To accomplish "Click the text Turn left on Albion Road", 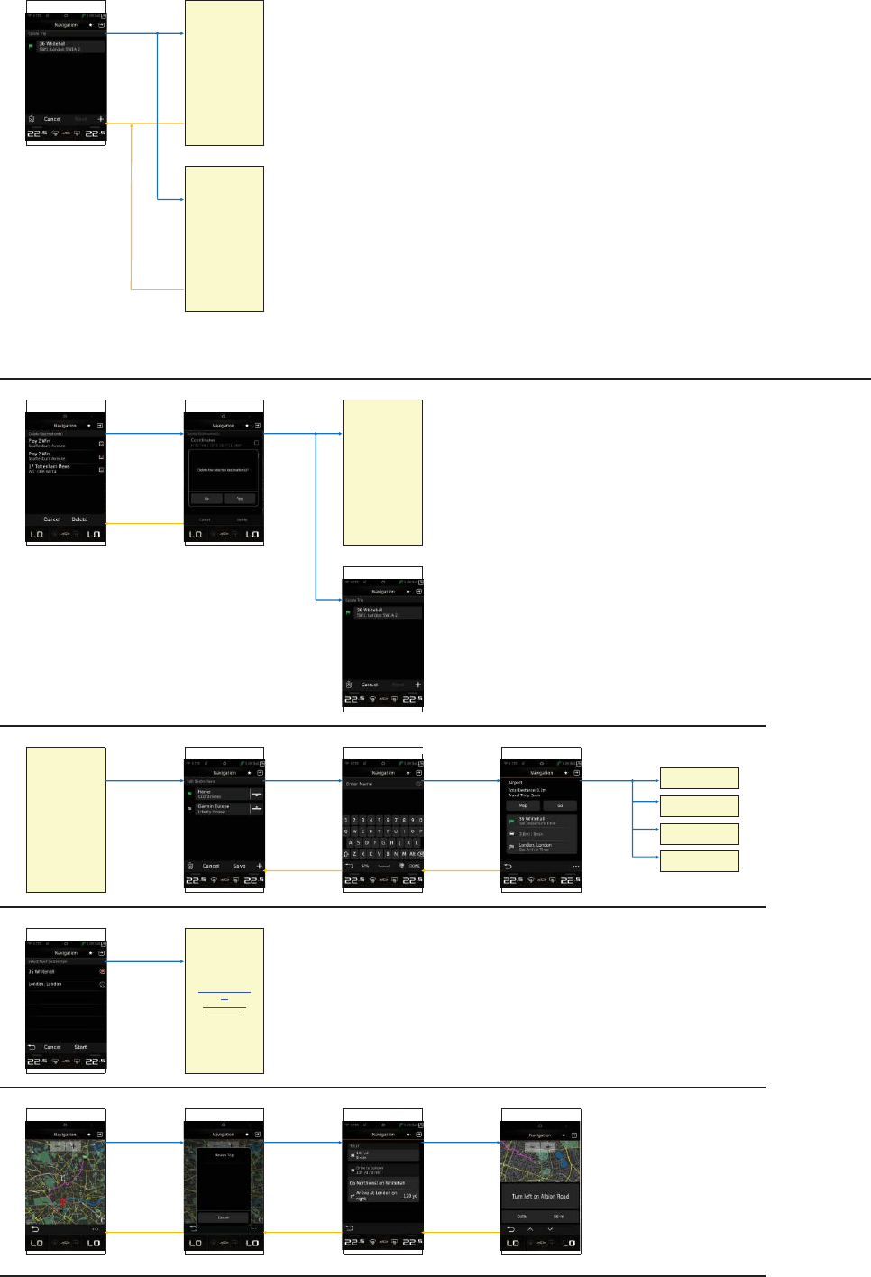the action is pos(540,1197).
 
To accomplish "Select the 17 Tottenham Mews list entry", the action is pos(50,468).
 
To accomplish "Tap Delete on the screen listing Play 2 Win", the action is pos(80,519).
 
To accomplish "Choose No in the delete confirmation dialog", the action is pos(206,498).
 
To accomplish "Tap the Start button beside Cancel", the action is pos(80,1047).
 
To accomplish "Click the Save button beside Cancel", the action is pos(239,866).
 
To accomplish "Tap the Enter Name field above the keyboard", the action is pos(379,785).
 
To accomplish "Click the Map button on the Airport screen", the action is pos(523,805).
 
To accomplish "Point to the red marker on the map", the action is pos(62,1202).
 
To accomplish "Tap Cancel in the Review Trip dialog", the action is pos(224,1217).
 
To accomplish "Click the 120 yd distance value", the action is pos(409,1196).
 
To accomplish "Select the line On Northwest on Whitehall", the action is pos(379,1182).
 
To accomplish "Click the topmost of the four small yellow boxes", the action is pos(699,778).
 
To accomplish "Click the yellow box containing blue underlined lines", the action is pos(224,1001).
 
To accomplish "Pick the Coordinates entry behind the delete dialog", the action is pos(216,441).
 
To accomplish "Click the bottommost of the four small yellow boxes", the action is pos(699,861).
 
